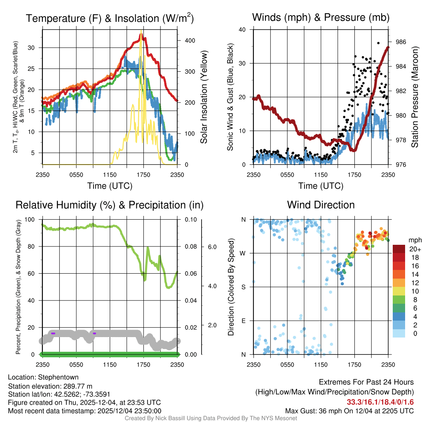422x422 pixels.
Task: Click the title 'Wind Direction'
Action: [321, 205]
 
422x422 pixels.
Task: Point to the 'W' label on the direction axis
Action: [244, 253]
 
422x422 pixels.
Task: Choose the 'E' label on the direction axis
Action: [244, 321]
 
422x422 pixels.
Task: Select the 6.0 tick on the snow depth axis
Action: [212, 247]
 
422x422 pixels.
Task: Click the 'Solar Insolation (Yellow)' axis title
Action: [204, 97]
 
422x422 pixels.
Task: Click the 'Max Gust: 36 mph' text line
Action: [349, 411]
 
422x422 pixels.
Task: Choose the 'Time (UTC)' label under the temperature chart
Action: [110, 186]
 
